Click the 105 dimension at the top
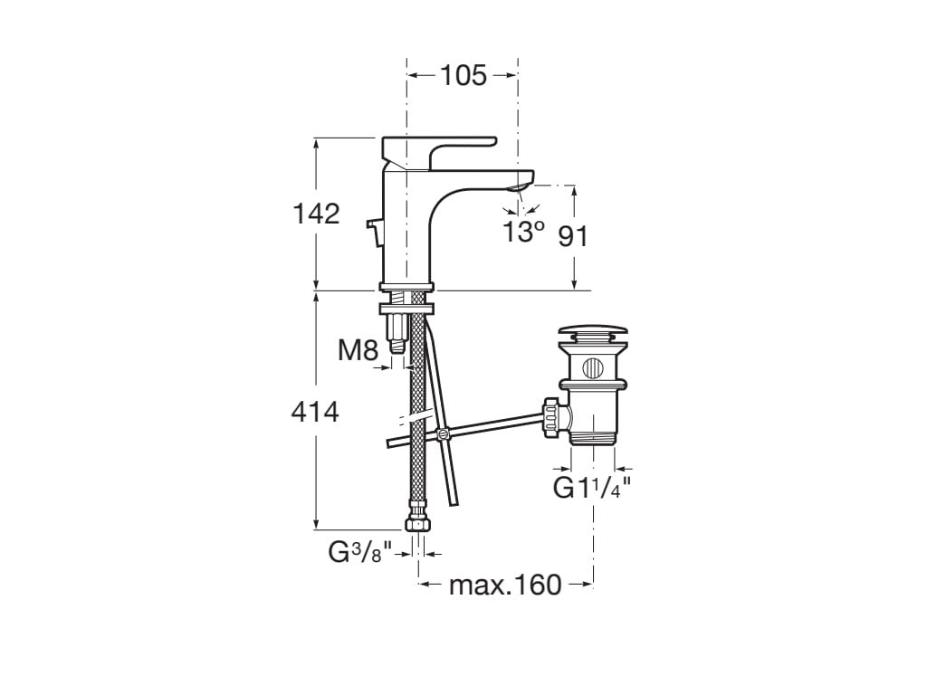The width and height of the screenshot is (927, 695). click(463, 76)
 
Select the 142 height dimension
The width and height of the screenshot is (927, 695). click(316, 214)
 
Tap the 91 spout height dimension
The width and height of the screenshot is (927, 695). click(572, 236)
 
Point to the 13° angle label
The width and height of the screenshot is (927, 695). click(522, 232)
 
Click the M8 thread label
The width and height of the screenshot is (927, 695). click(358, 351)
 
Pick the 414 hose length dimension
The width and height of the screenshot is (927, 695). click(315, 413)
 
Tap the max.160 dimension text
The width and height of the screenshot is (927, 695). click(505, 586)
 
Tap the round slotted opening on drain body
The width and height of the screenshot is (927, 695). click(592, 368)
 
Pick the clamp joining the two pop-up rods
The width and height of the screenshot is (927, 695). click(443, 435)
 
